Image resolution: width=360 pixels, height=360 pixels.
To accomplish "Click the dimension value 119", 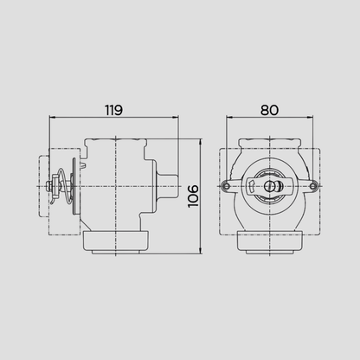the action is pos(113,110).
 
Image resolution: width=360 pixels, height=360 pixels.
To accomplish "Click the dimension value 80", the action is pos(270,110).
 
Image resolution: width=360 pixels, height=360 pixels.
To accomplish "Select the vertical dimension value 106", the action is pos(193,196).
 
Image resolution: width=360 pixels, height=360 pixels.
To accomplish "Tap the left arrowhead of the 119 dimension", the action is pos(52,117).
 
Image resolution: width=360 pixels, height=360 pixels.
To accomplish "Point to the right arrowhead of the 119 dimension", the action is pos(176,117).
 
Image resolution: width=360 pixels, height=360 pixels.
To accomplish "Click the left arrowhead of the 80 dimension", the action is pos(229,117).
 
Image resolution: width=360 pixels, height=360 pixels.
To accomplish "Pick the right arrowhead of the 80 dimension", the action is pos(310,117).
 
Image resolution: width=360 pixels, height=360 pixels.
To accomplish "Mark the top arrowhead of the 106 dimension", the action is pos(201,142).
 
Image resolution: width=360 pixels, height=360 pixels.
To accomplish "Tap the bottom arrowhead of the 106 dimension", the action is pos(201,251).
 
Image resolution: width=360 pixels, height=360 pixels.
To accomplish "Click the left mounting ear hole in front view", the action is pos(227,186).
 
